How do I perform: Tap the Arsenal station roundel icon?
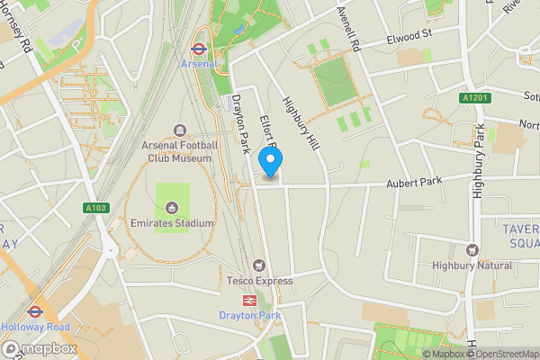200,49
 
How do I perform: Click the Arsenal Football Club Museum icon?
178,130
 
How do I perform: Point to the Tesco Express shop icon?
259,265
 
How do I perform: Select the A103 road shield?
96,208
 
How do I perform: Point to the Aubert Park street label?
416,183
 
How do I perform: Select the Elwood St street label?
410,38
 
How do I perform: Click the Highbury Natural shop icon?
472,250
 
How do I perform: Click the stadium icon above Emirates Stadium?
173,207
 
